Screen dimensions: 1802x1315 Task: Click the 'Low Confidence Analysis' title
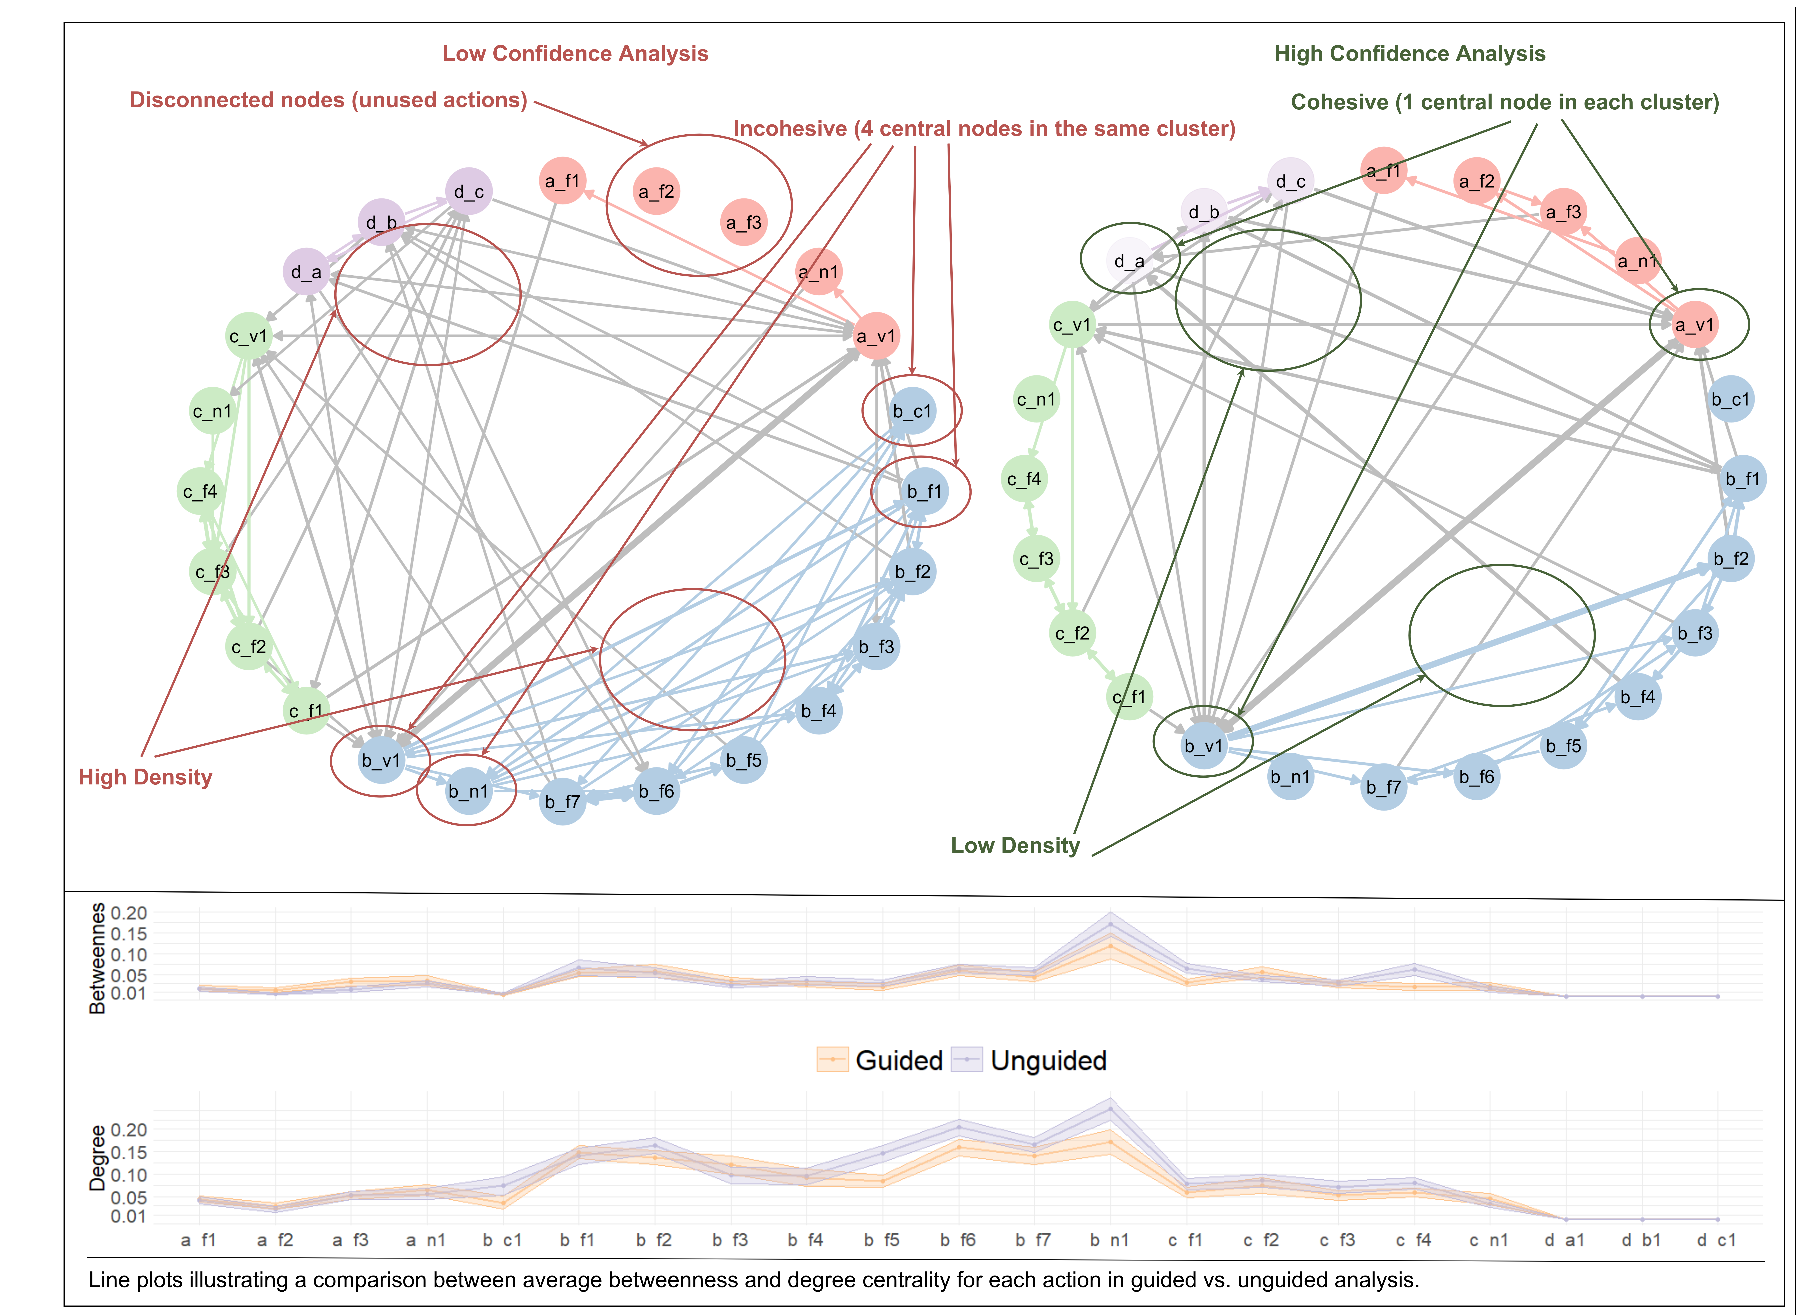coord(575,53)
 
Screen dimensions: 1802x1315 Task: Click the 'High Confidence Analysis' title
coord(1410,53)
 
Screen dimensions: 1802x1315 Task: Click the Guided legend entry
coord(880,1060)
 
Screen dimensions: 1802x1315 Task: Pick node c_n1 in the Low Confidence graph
coord(213,412)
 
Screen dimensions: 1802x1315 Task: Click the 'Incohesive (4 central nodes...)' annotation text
coord(985,129)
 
